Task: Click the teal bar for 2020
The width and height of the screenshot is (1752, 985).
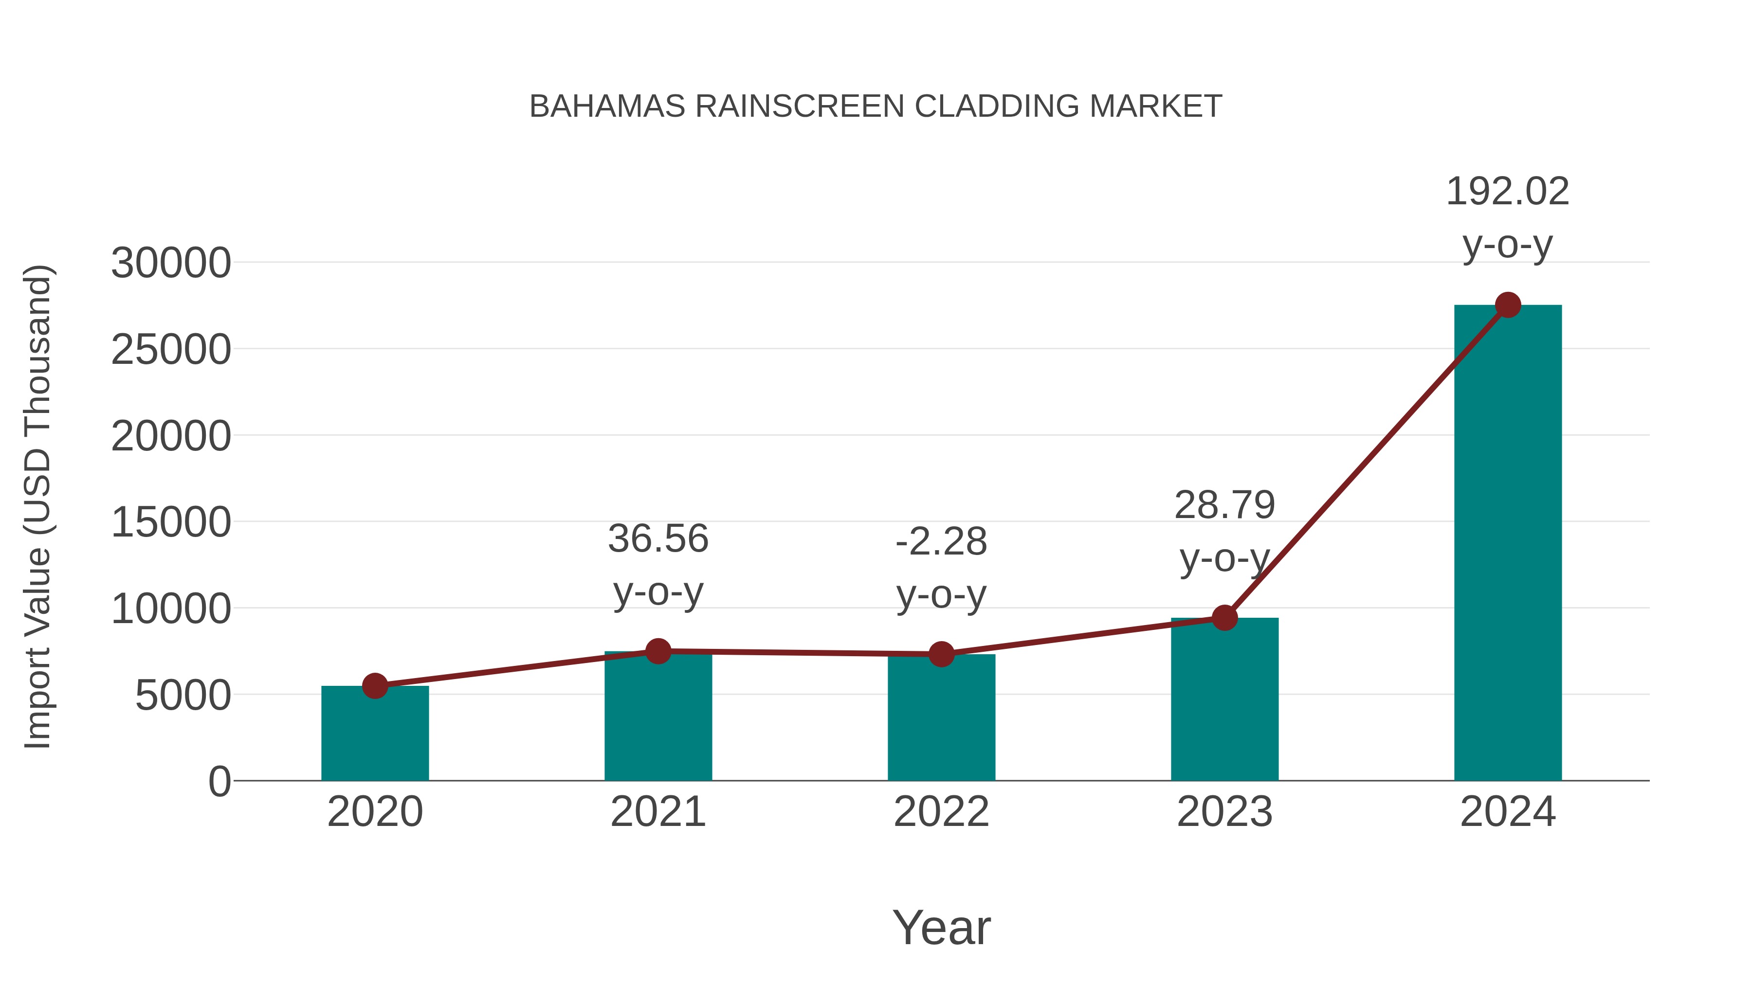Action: coord(375,734)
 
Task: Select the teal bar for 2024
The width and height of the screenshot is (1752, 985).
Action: coord(1508,544)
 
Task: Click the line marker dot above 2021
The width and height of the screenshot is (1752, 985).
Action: coord(657,651)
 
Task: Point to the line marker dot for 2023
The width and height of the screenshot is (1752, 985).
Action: coord(1224,618)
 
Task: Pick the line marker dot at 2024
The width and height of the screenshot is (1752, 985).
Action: coord(1508,305)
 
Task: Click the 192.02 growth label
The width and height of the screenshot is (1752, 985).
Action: coord(1507,192)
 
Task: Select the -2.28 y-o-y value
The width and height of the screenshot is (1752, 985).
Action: coord(941,542)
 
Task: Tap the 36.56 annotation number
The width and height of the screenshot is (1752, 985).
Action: coord(657,539)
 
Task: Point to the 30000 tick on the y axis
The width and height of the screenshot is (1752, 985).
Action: coord(171,263)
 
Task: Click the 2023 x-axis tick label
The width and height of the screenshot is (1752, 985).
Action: coord(1224,812)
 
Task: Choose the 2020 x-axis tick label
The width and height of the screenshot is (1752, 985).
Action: coord(375,812)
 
